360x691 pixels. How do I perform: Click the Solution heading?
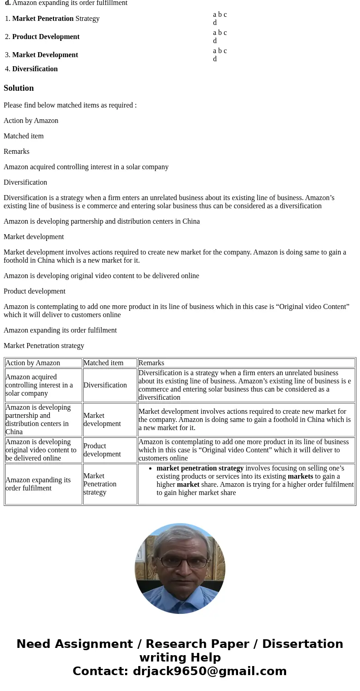[19, 88]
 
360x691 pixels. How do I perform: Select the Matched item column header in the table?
[103, 363]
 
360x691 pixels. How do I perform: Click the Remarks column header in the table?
[151, 363]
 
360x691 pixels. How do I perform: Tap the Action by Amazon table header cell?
[33, 363]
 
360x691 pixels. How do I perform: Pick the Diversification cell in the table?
[105, 385]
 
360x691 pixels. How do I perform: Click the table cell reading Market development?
[102, 420]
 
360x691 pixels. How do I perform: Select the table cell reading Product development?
[102, 450]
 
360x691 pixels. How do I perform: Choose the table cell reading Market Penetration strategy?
[100, 484]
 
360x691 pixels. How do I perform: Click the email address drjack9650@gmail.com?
[209, 671]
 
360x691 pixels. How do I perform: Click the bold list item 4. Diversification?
[35, 69]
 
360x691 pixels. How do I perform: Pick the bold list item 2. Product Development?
[46, 37]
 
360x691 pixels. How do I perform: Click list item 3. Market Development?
[45, 55]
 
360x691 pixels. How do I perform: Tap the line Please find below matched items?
[70, 105]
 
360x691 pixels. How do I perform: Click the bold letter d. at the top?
[8, 3]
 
